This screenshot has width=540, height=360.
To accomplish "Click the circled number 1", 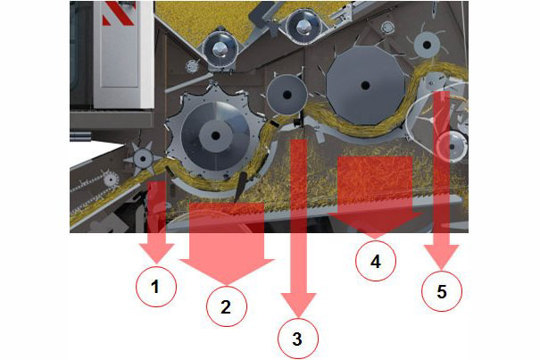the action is [156, 286].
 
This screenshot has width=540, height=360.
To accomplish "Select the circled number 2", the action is [226, 306].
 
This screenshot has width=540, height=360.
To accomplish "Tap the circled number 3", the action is [298, 339].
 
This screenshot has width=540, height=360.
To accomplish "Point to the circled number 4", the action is [376, 262].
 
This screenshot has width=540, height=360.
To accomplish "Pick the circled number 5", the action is [442, 292].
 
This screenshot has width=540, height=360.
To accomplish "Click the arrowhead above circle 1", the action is [156, 254].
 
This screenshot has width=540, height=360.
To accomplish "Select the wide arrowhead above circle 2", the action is [227, 272].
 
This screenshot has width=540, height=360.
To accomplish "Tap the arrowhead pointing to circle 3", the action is [299, 305].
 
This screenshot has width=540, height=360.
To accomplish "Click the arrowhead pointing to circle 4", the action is [376, 225].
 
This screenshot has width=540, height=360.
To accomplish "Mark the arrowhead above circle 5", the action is [442, 256].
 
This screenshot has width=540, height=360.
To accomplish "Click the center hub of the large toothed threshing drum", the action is [216, 136].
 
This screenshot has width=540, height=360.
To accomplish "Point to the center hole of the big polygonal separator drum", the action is [365, 85].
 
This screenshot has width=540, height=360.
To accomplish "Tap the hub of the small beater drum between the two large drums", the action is [287, 95].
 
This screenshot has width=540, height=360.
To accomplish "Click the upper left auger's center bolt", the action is [219, 50].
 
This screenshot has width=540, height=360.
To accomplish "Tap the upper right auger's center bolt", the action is [303, 26].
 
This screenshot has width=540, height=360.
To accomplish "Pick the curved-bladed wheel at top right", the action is [427, 45].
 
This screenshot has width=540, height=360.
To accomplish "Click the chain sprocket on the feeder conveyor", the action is [110, 179].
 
